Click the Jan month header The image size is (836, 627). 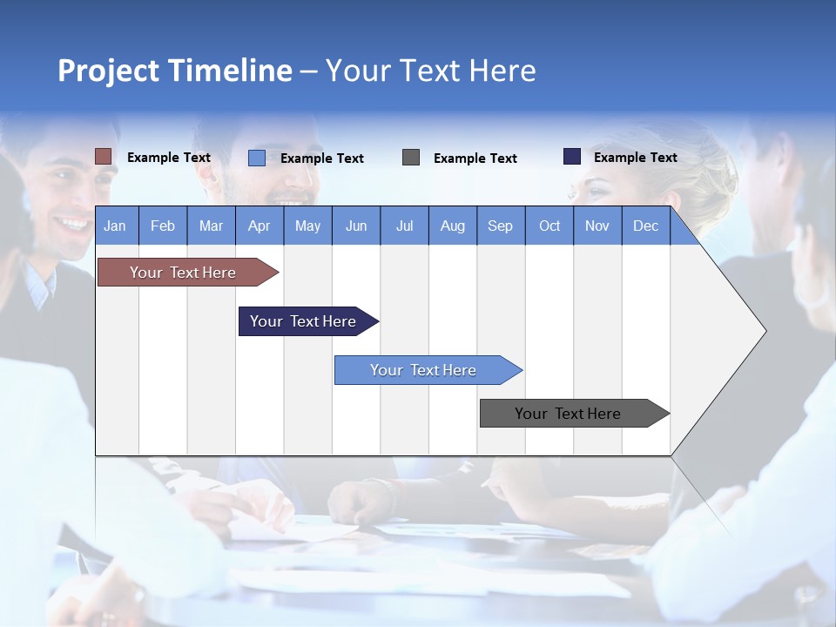click(115, 226)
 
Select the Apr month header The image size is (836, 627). click(260, 226)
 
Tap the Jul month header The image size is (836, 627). click(404, 226)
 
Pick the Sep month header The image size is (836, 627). click(500, 226)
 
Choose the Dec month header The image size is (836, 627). click(645, 226)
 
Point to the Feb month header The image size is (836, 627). click(163, 226)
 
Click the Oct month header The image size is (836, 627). click(549, 226)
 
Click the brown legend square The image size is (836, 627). click(104, 157)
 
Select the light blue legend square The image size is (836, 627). click(257, 158)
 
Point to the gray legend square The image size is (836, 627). click(411, 158)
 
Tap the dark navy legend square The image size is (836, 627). click(572, 157)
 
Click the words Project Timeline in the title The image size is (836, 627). click(175, 71)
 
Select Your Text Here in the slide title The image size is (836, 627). click(431, 71)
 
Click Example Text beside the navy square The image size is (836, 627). click(635, 158)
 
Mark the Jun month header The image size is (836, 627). click(356, 226)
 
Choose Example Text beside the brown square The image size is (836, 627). click(169, 158)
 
